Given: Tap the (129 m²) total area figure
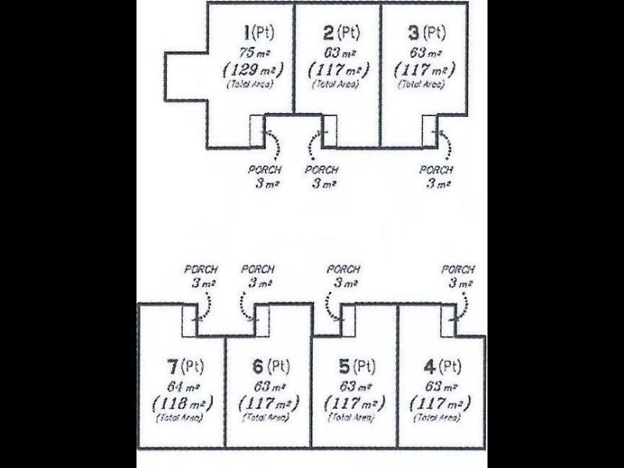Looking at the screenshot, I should [x=251, y=69].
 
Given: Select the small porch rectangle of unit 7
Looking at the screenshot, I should [x=190, y=321].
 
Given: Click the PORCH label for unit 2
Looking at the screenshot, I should [x=321, y=170].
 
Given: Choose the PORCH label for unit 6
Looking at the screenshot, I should [x=258, y=269].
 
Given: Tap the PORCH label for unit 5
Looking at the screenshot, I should [x=342, y=269].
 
